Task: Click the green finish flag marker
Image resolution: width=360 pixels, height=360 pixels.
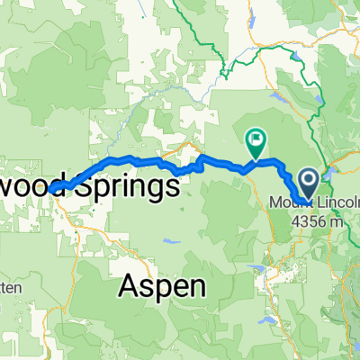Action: (256, 140)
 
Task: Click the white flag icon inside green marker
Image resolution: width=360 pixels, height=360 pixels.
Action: (256, 139)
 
